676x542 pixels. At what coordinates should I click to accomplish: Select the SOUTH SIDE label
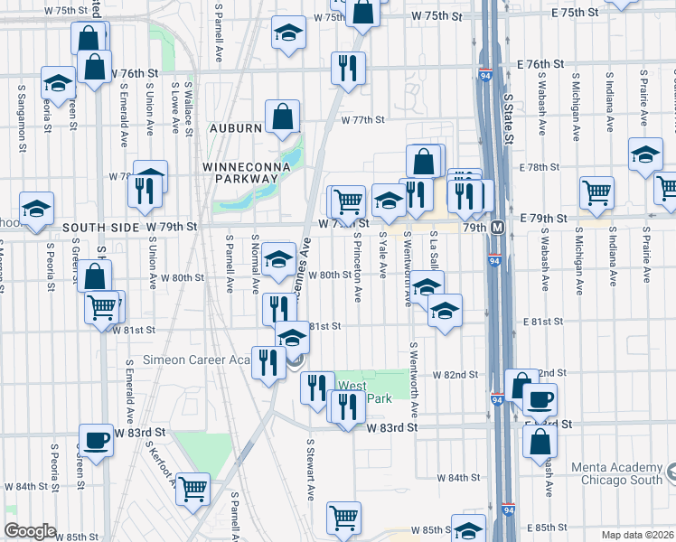point(96,226)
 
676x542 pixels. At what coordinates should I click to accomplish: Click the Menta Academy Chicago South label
point(623,473)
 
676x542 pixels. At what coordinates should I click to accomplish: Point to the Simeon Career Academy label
point(206,359)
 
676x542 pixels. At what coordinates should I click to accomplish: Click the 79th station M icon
point(498,227)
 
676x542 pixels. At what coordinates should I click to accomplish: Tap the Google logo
point(30,530)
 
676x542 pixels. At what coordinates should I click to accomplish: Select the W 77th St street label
point(362,119)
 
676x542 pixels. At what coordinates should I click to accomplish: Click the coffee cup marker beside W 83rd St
point(96,440)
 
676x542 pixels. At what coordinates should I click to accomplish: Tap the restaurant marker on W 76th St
point(347,68)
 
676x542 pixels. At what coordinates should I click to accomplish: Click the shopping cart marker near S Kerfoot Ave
point(193,489)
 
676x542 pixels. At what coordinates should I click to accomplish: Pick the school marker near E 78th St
point(645,154)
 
